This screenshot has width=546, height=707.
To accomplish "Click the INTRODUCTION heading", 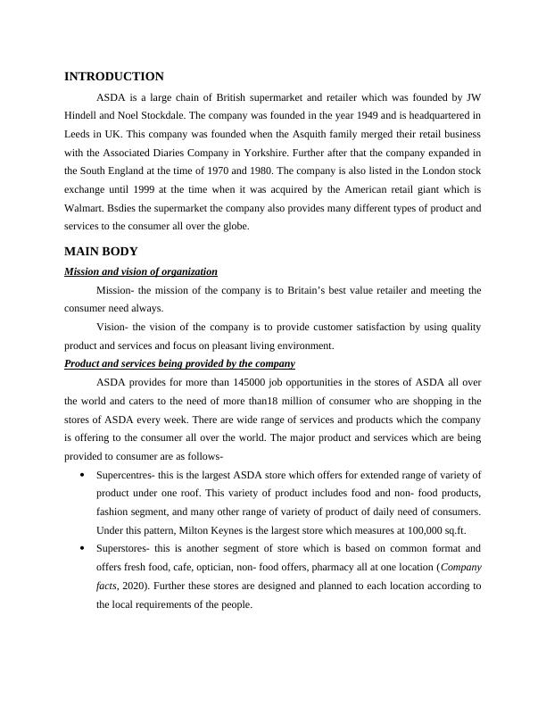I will point(114,77).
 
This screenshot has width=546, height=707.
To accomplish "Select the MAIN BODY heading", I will point(101,251).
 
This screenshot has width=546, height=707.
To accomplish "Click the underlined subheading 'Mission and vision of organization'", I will point(141,271).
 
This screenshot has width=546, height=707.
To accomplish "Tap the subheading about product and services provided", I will point(180,364).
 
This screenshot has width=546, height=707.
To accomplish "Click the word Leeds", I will point(80,134).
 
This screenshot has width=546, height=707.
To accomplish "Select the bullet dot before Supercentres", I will point(82,474).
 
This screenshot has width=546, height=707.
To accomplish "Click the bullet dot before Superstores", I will point(82,548).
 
